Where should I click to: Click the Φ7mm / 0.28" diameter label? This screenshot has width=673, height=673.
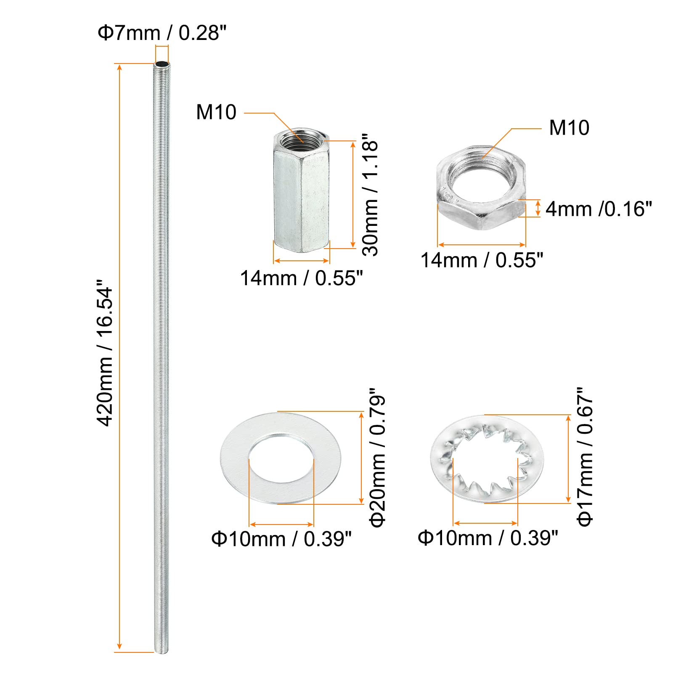click(x=162, y=33)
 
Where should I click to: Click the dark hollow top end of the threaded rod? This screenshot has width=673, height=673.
click(x=162, y=64)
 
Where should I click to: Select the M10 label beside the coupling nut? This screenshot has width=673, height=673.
click(x=216, y=112)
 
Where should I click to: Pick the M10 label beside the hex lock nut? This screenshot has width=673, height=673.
click(x=569, y=128)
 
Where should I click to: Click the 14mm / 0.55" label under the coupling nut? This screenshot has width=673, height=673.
click(x=301, y=278)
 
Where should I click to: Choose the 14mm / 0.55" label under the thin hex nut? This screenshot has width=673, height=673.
click(x=482, y=260)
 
